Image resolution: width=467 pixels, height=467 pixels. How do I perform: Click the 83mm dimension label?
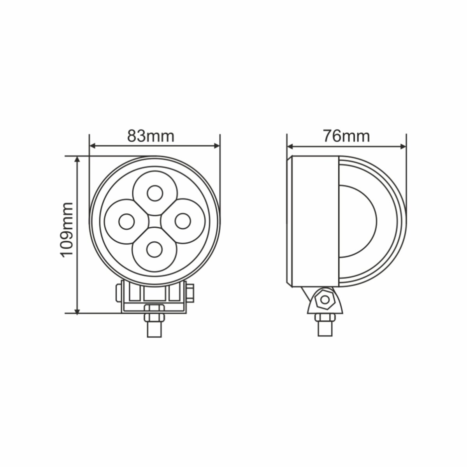tap(151, 136)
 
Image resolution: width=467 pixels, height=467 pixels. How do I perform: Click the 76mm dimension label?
tap(346, 136)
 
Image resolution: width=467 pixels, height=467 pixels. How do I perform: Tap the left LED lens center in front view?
tap(126, 222)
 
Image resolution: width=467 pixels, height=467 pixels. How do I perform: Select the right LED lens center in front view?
tap(183, 221)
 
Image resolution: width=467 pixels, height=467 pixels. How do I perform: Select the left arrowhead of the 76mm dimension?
tap(290, 147)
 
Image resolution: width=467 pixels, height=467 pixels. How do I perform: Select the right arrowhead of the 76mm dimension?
tap(403, 147)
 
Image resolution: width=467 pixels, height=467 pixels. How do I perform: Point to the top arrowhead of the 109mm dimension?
tap(77, 160)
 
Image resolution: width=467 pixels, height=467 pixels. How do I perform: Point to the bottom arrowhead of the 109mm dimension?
tap(77, 310)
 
